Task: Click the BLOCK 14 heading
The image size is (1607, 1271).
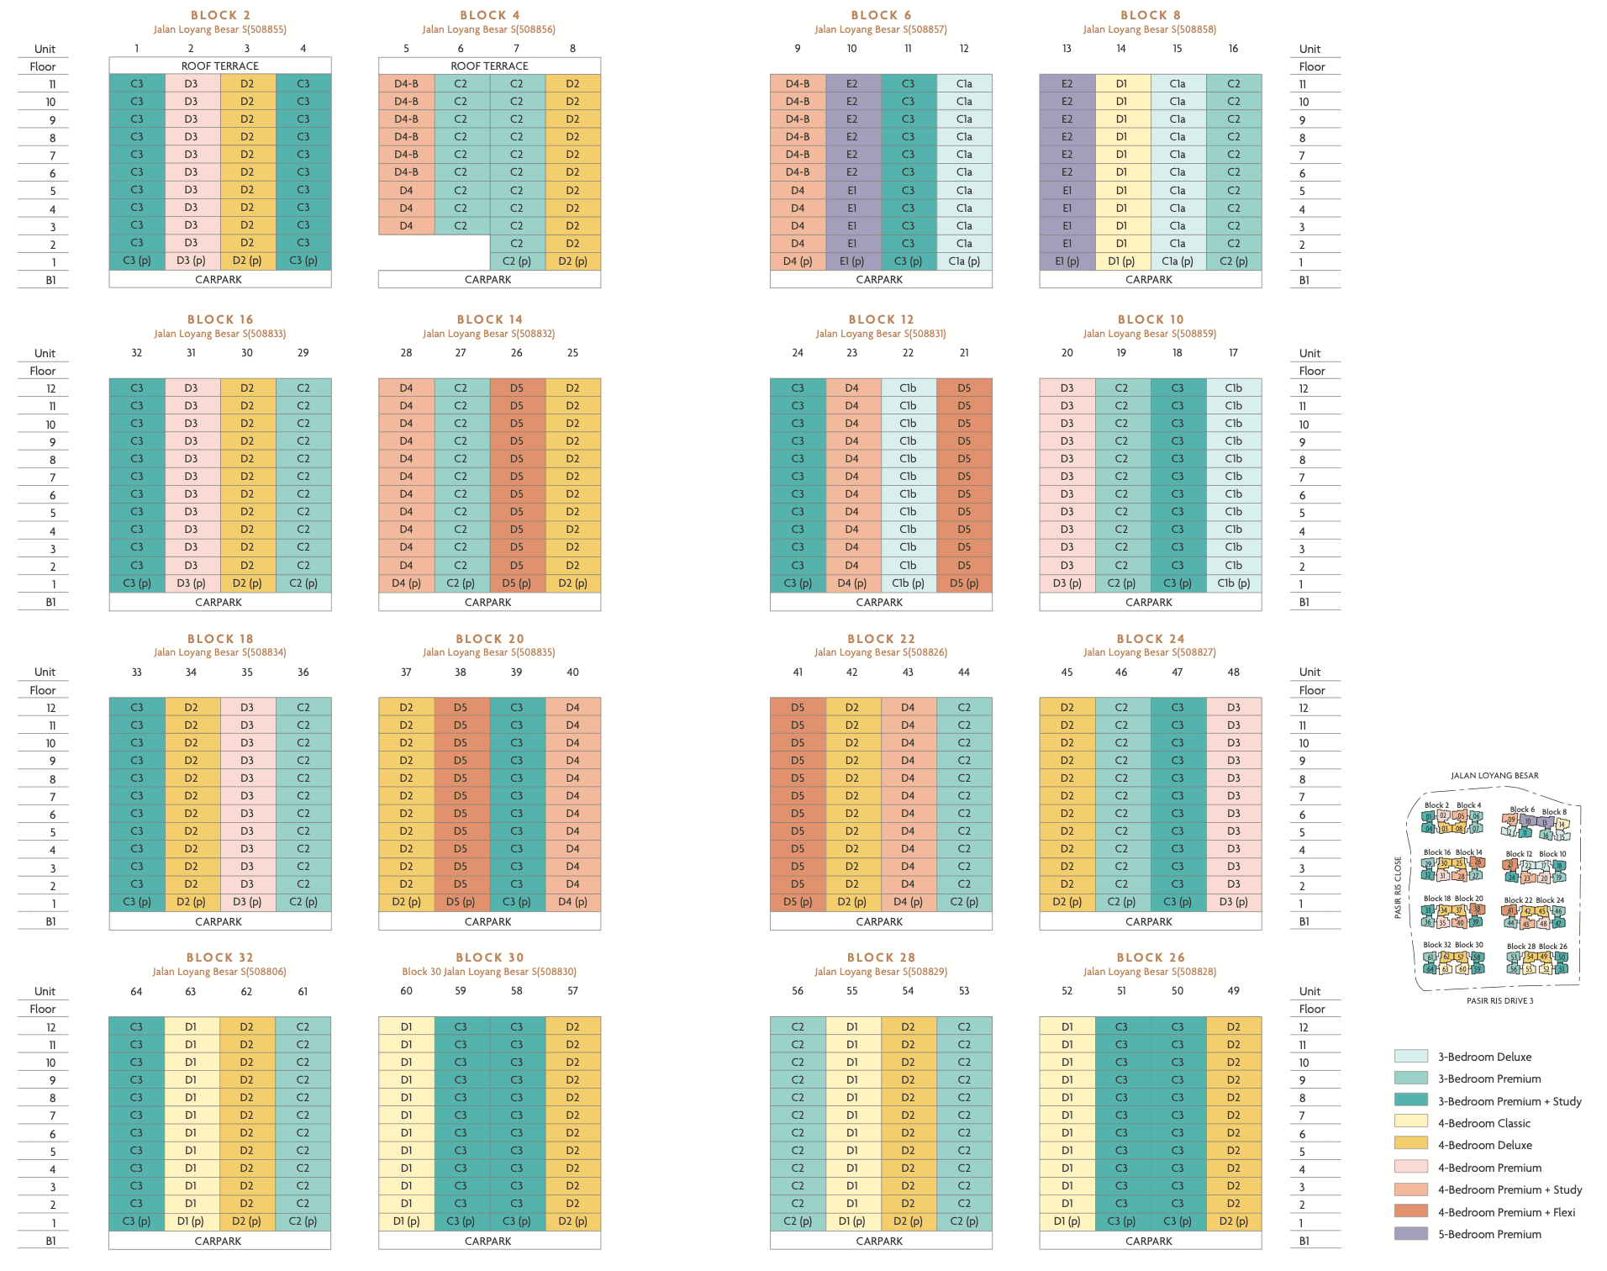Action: click(x=489, y=319)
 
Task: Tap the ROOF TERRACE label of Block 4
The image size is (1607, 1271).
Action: click(x=489, y=66)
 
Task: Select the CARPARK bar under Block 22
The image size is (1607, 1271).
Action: click(x=880, y=921)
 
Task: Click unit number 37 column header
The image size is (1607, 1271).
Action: click(x=406, y=672)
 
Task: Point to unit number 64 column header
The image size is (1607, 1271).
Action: click(x=136, y=991)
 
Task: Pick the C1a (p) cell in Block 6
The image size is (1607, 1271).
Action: click(x=964, y=261)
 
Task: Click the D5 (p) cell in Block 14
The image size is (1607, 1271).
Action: click(x=517, y=583)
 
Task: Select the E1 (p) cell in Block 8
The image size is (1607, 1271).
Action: click(x=1067, y=261)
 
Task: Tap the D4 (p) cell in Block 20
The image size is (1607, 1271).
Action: click(x=572, y=902)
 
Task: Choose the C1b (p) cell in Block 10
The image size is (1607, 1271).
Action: click(x=1233, y=583)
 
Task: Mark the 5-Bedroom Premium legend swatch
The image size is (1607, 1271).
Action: click(x=1410, y=1234)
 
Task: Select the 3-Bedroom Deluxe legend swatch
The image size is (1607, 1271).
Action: click(x=1410, y=1057)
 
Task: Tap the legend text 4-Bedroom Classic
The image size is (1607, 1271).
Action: click(x=1483, y=1123)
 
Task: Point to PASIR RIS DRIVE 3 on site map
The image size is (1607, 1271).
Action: click(x=1499, y=1001)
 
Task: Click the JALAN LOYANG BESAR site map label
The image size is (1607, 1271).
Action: click(x=1494, y=776)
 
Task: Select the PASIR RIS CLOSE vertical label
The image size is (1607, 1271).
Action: click(x=1398, y=888)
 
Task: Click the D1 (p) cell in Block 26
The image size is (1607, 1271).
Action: click(x=1067, y=1221)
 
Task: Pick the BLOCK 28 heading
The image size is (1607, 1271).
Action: click(x=881, y=957)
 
